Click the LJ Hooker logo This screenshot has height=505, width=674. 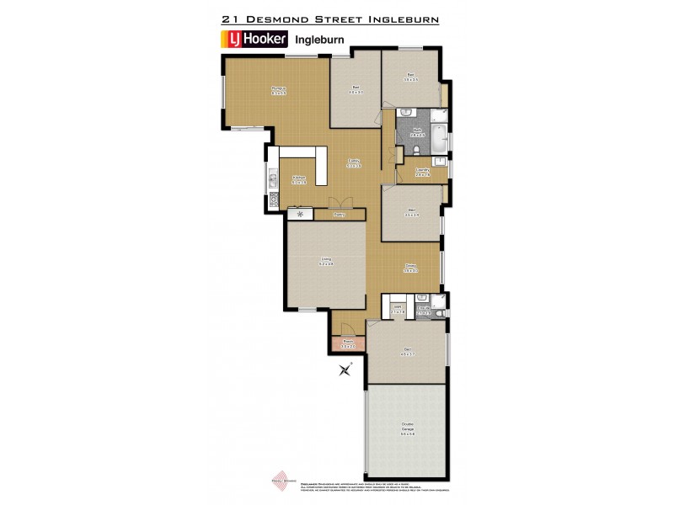tap(255, 39)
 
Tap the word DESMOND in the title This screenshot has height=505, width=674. tap(291, 17)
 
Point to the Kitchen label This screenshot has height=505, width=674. tap(298, 179)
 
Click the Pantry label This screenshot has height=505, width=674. tap(340, 215)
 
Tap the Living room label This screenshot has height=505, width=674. tap(326, 262)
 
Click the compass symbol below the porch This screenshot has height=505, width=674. tap(345, 369)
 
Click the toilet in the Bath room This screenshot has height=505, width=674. tap(419, 151)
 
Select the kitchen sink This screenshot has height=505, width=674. tap(272, 179)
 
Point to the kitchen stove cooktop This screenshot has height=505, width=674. tap(272, 200)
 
